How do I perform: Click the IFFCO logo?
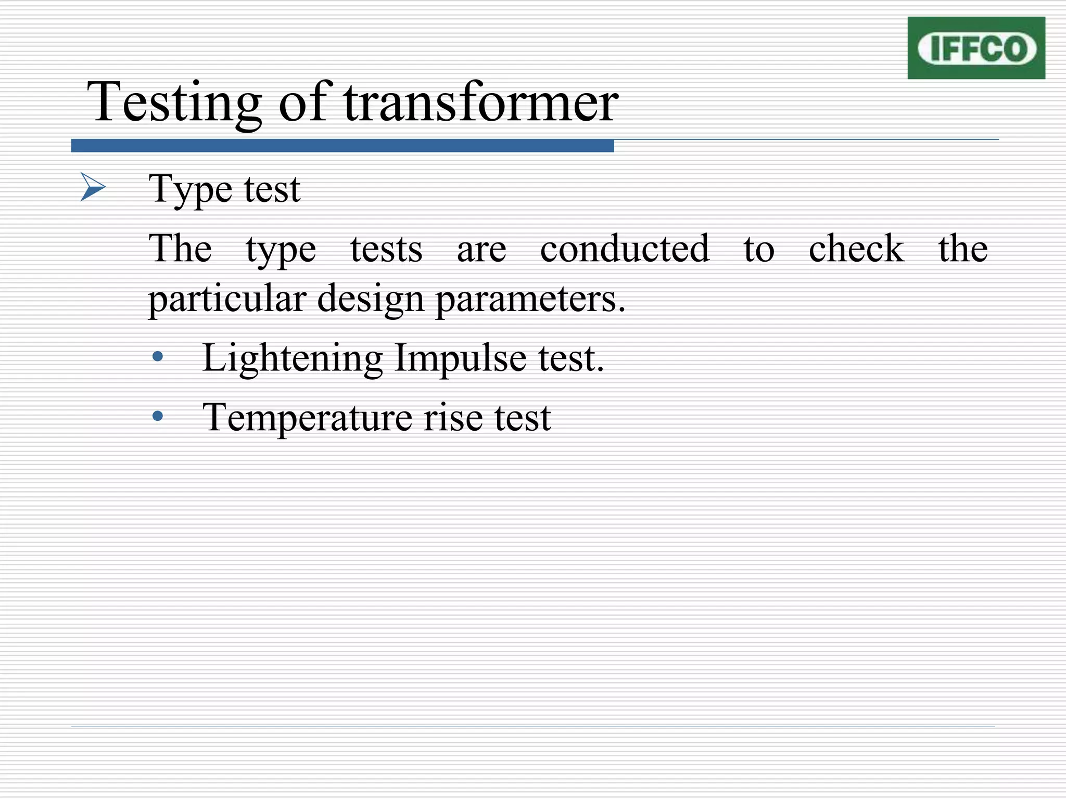pyautogui.click(x=976, y=48)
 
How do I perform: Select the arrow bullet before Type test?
pyautogui.click(x=93, y=187)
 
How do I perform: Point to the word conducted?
pyautogui.click(x=625, y=248)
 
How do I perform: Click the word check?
pyautogui.click(x=856, y=248)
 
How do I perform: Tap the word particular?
pyautogui.click(x=227, y=299)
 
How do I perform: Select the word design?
pyautogui.click(x=370, y=299)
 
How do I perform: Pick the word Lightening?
pyautogui.click(x=293, y=358)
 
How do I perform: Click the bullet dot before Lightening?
pyautogui.click(x=158, y=357)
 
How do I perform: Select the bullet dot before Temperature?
pyautogui.click(x=158, y=416)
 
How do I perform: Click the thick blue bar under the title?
pyautogui.click(x=342, y=146)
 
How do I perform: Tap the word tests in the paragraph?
pyautogui.click(x=386, y=249)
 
